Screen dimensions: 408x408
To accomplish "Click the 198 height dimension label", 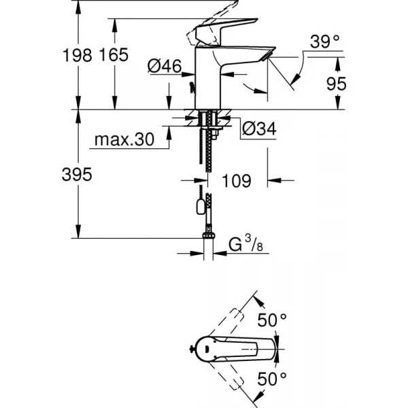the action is click(78, 56).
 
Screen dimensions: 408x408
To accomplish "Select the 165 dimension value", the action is click(114, 54).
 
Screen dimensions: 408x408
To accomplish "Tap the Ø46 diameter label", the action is click(165, 66).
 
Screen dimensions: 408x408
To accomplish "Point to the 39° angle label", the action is click(325, 41).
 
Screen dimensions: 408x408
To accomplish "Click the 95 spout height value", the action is click(337, 84).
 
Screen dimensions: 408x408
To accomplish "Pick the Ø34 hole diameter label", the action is click(259, 129).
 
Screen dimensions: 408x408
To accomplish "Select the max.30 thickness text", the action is click(124, 139).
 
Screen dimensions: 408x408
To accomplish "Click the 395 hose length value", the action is click(77, 174).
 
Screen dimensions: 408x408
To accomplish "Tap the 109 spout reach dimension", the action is click(237, 181).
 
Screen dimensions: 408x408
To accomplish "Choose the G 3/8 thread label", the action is click(245, 245).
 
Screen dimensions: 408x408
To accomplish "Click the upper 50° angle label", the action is click(272, 320).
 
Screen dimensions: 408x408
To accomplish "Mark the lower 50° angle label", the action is click(272, 379).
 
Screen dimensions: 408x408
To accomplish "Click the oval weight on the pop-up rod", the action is click(201, 207).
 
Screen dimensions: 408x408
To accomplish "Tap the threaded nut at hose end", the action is click(209, 235).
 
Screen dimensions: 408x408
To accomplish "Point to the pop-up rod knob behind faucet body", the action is click(192, 88).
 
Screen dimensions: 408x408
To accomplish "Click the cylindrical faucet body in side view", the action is click(207, 78).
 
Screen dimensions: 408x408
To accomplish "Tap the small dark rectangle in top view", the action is click(207, 350).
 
